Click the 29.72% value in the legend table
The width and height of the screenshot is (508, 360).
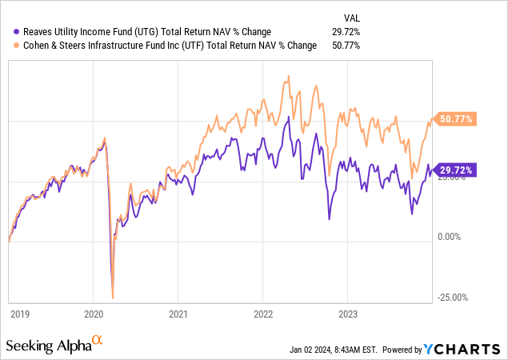click(346, 31)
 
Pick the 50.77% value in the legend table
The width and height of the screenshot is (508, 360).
click(346, 45)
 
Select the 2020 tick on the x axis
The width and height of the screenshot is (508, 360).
click(94, 314)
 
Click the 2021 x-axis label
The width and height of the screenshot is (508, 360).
click(178, 314)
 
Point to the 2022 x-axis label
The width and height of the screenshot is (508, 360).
click(263, 314)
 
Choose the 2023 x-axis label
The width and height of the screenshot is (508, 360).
click(348, 314)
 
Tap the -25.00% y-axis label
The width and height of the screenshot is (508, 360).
click(452, 297)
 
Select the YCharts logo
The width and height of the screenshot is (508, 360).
click(463, 349)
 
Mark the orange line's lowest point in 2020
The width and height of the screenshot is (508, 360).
click(113, 298)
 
